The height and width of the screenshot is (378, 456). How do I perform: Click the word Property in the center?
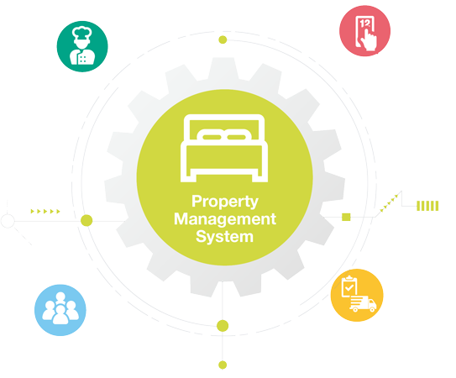point(225,202)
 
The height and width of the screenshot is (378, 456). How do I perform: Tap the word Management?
point(225,219)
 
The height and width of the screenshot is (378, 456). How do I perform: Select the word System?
point(224,236)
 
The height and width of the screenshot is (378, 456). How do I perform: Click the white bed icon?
point(224,148)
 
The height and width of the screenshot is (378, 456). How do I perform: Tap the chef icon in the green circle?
point(82,45)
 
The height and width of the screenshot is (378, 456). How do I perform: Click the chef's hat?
point(82,33)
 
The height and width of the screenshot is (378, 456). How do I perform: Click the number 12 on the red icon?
point(364,24)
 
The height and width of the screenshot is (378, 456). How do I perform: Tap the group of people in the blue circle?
point(60,308)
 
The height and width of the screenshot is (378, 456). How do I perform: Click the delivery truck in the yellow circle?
point(363,304)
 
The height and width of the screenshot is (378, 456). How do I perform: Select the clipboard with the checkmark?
point(349,286)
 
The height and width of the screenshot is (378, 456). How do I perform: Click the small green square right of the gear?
point(346,217)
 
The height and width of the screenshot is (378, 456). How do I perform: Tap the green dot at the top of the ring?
point(223,39)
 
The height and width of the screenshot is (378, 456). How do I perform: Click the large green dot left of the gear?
point(86,220)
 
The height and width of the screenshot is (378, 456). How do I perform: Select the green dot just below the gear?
point(223,326)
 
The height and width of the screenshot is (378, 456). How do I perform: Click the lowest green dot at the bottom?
point(223,365)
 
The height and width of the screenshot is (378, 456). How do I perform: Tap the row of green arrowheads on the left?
point(45,212)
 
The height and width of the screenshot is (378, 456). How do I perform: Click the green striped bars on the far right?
point(427,206)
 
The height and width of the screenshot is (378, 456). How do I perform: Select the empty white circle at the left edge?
point(8,221)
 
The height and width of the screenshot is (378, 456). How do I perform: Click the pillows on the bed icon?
point(224,134)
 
